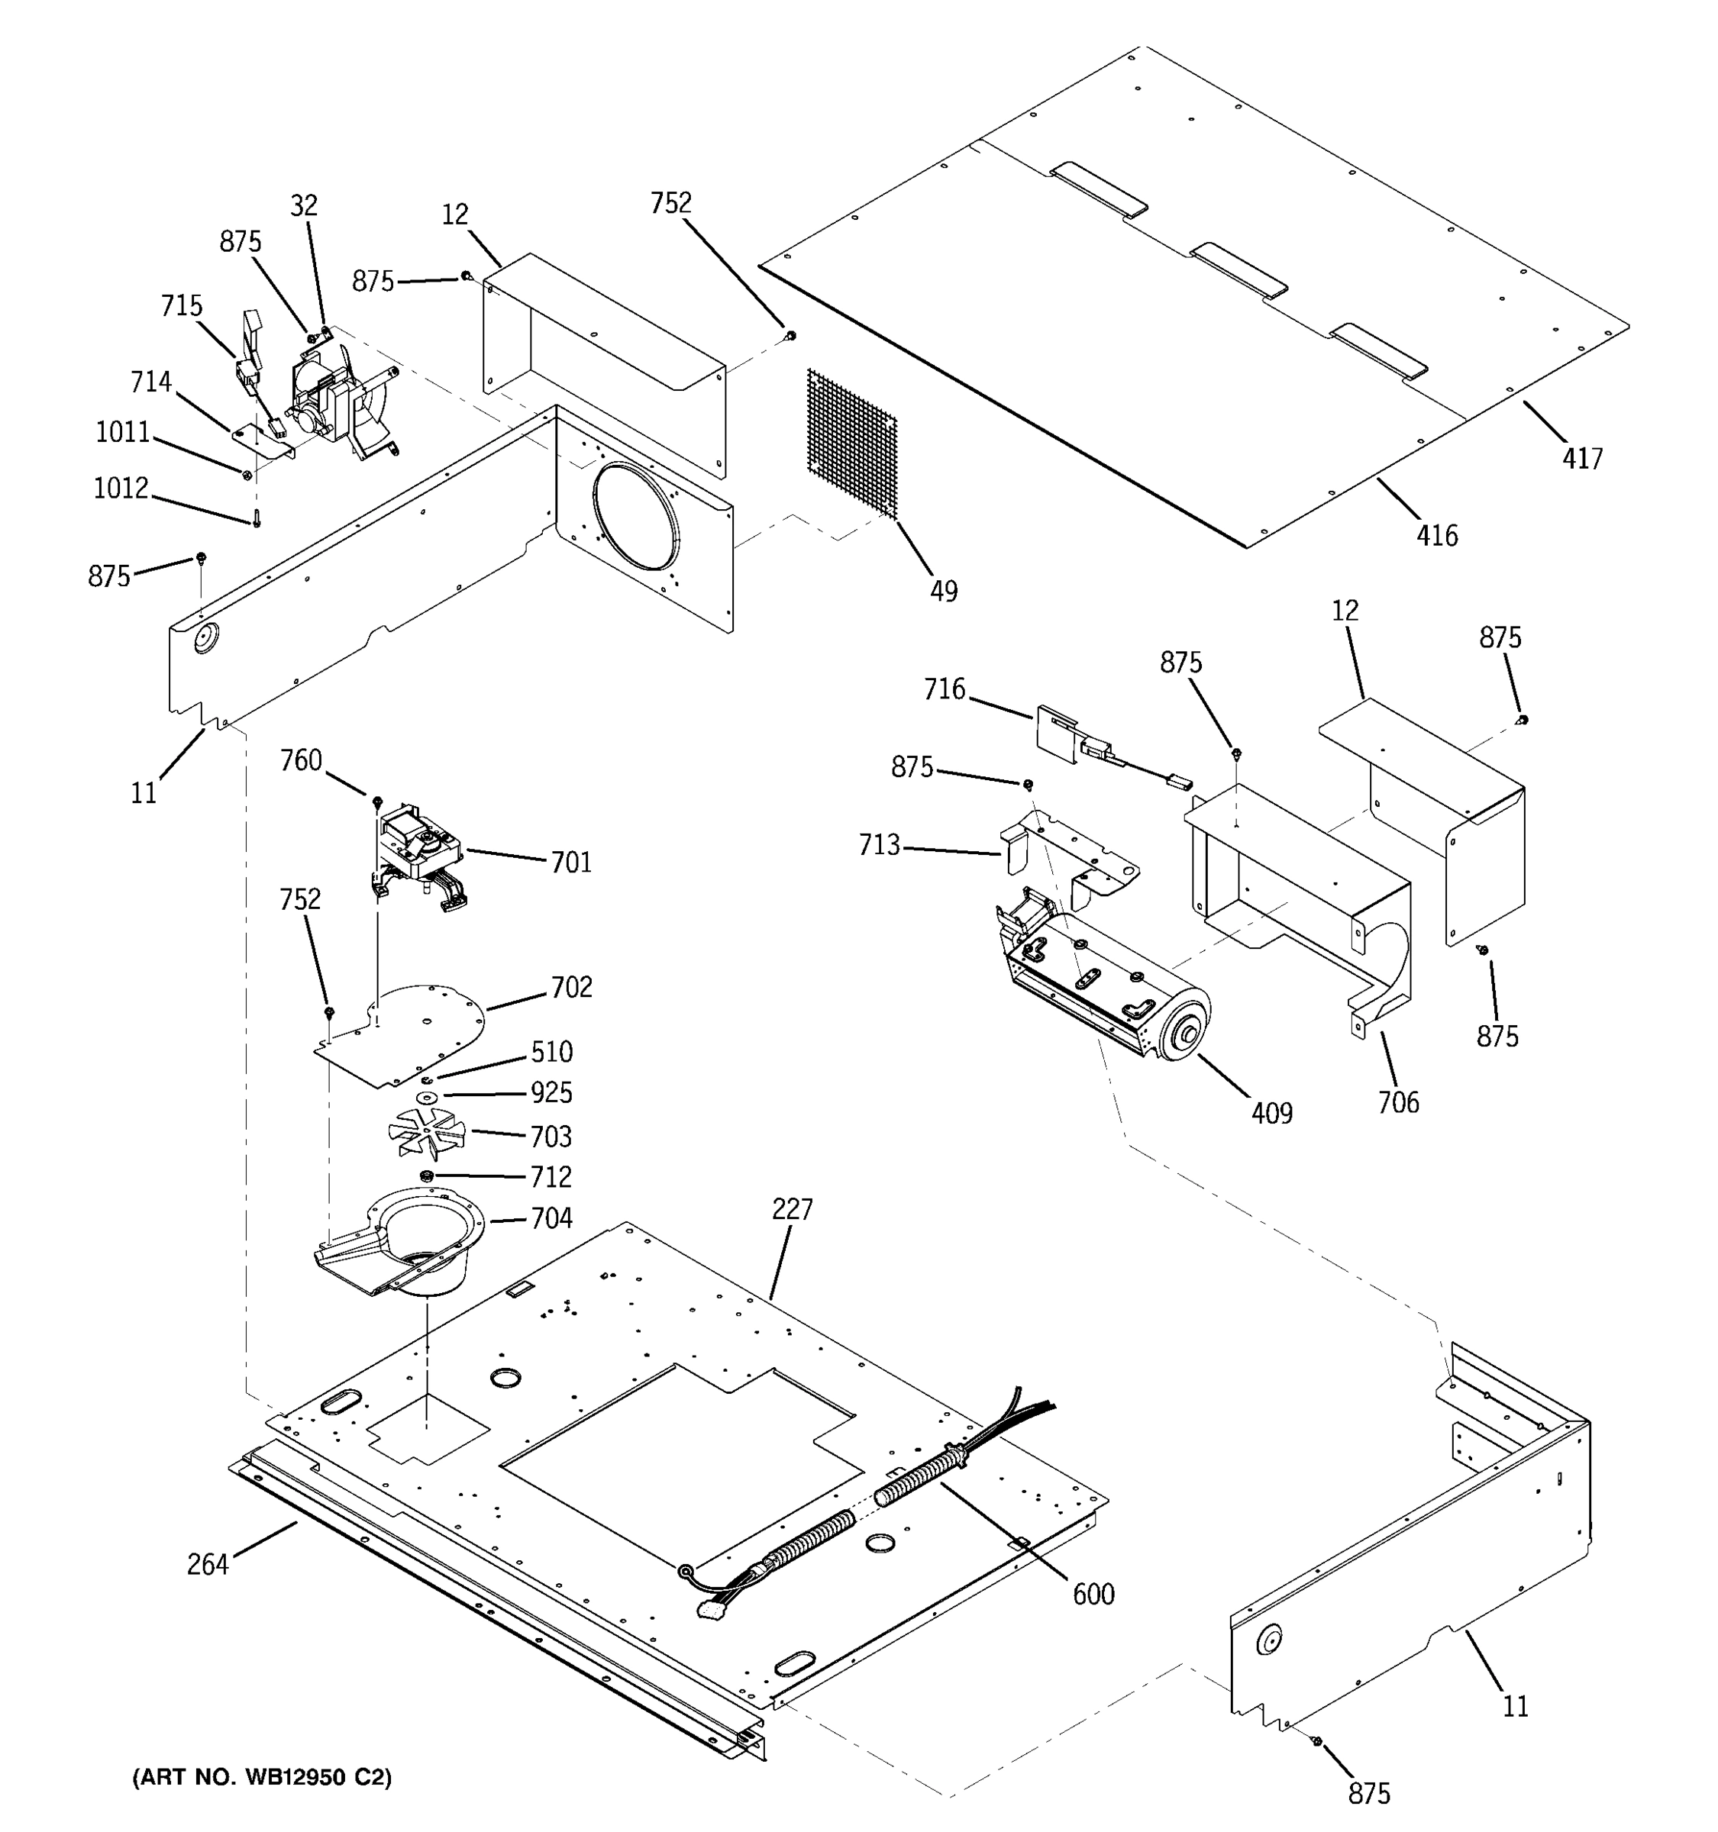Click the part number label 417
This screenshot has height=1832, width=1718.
pos(1581,458)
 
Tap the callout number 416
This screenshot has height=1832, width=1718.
pos(1437,534)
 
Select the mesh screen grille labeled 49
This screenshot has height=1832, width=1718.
pos(851,441)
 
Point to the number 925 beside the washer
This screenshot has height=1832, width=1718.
pos(551,1093)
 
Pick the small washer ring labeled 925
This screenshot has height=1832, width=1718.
pos(427,1098)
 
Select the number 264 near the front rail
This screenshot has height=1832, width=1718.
pos(208,1565)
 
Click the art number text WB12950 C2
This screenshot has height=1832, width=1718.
pos(263,1778)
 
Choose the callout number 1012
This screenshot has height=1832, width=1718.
pos(121,488)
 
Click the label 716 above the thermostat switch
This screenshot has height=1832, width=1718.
pos(944,689)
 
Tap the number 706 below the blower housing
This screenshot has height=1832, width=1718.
pos(1397,1102)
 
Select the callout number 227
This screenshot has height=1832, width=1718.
pos(792,1209)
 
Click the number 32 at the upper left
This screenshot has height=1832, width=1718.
pos(303,205)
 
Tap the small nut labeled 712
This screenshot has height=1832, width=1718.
pos(426,1176)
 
